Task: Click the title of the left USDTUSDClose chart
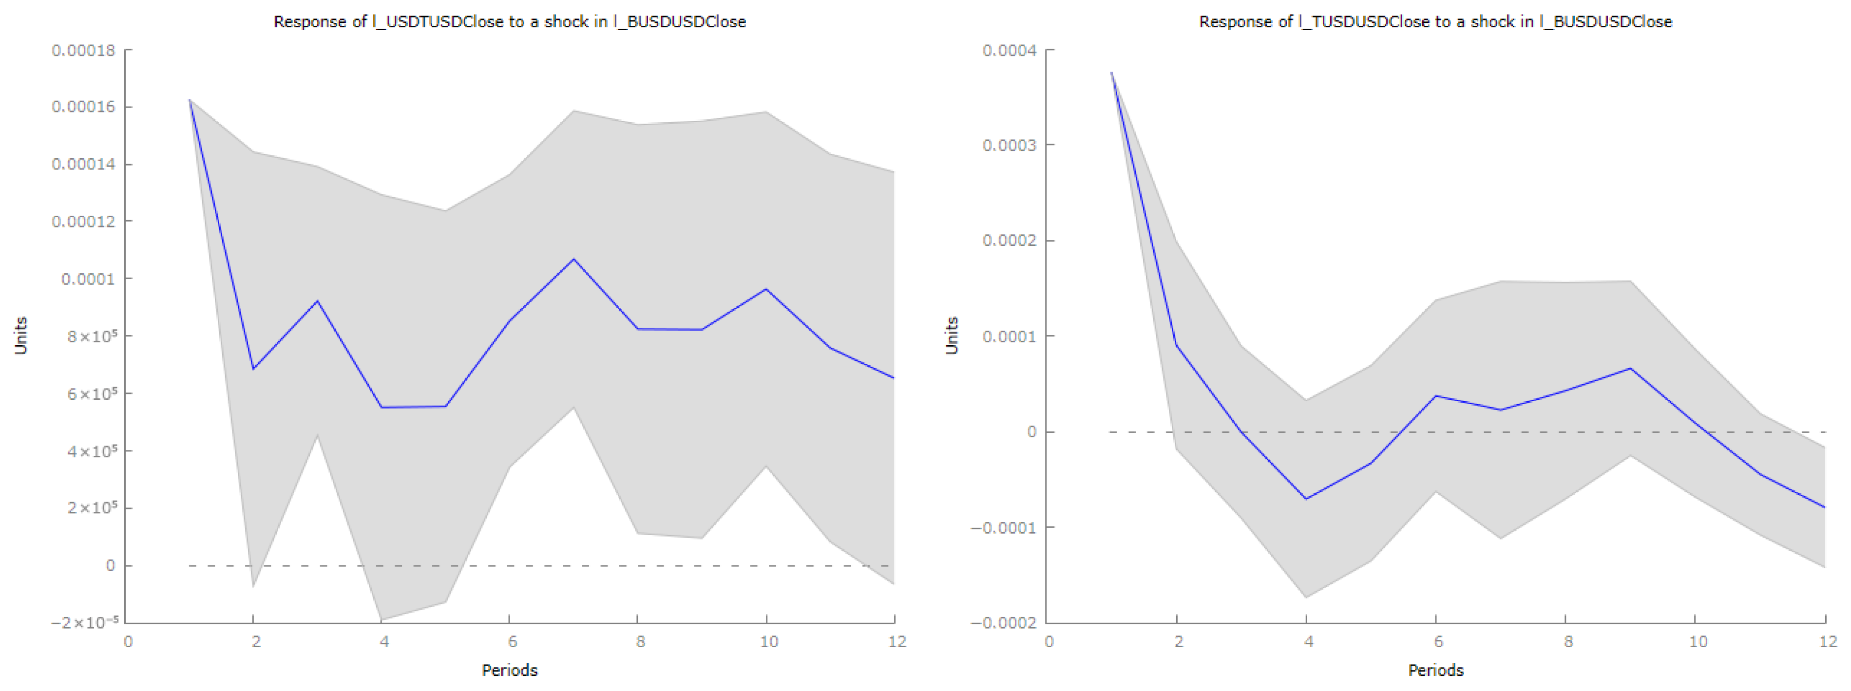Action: coord(510,21)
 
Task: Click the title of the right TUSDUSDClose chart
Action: coord(1435,21)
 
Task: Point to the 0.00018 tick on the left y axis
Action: coord(83,50)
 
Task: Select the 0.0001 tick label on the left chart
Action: coord(88,279)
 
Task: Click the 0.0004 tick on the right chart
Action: coord(1010,50)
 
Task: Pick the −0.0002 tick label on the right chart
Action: coord(1003,622)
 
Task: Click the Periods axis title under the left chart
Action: coord(510,670)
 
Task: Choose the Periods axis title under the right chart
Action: coord(1435,670)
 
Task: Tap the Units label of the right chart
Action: coord(952,336)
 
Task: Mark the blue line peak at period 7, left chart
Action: coord(573,259)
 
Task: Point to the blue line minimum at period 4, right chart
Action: coord(1306,499)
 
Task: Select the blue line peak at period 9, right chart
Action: coord(1630,369)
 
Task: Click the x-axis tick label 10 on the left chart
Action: coord(768,641)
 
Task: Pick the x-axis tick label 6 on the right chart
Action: coord(1438,641)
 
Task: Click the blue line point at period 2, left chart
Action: coord(253,369)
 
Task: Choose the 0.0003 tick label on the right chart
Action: coord(1010,145)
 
